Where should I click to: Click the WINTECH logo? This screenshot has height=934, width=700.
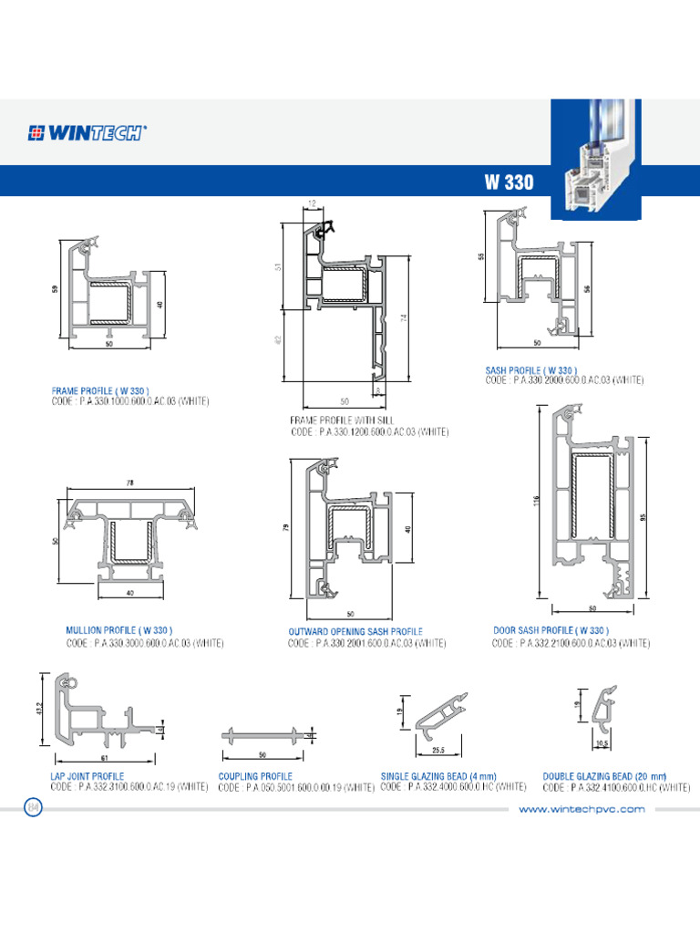pos(87,132)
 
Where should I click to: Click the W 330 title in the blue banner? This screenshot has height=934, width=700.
pos(509,181)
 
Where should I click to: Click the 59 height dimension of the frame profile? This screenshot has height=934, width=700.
pos(54,290)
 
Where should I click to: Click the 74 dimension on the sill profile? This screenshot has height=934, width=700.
pos(401,317)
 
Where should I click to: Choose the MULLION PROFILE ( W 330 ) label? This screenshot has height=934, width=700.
pos(118,630)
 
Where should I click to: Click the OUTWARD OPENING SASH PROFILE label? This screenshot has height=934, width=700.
pos(355,631)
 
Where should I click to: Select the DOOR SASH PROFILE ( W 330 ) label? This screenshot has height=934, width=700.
pos(551,630)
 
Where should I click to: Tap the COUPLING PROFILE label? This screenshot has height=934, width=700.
pos(255,776)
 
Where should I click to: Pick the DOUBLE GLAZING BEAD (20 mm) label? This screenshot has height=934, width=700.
pos(603,776)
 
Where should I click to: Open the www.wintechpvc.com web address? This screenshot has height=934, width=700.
pos(582,809)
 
